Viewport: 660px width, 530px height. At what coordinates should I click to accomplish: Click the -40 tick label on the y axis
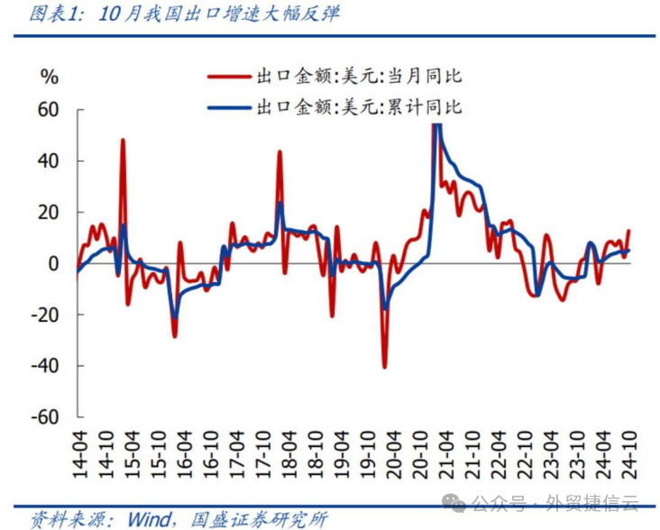pos(44,366)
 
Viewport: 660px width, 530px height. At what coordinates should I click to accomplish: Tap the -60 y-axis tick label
pos(44,417)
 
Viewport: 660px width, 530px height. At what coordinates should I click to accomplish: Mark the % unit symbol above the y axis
pos(50,78)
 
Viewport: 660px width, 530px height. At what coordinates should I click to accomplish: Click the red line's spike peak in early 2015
pos(123,141)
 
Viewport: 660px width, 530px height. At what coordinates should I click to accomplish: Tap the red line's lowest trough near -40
pos(384,367)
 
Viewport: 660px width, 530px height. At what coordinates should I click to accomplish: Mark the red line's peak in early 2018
pos(280,152)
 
